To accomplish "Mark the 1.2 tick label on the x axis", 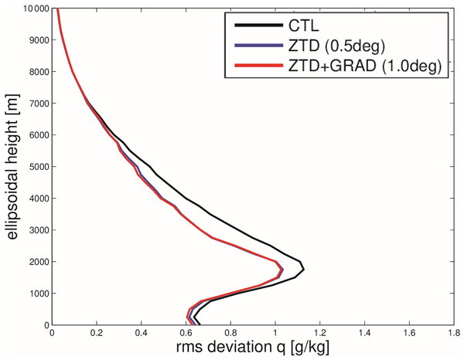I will pos(319,335).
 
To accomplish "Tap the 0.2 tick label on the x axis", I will pos(96,335).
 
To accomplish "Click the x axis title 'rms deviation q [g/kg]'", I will pos(252,350).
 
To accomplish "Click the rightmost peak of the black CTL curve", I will pos(304,269).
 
